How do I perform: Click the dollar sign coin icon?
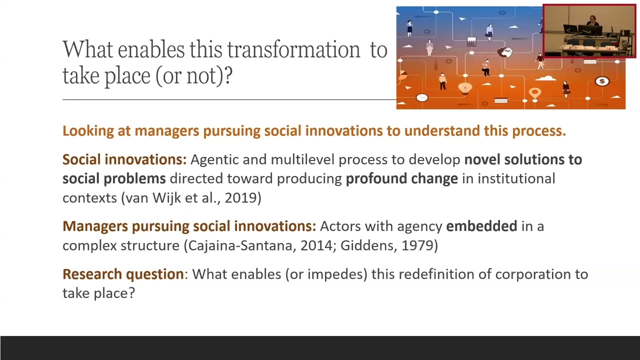(x=602, y=81)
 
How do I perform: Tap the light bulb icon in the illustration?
(x=465, y=88)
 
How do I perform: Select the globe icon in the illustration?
(x=505, y=52)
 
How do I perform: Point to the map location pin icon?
(x=535, y=93)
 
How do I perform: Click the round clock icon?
(x=422, y=97)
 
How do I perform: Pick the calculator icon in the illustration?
(x=471, y=41)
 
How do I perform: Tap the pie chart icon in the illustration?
(x=402, y=75)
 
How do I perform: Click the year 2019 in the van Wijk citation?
(x=240, y=197)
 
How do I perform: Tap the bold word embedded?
(x=481, y=226)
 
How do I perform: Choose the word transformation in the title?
(x=293, y=49)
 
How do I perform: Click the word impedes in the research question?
(x=337, y=274)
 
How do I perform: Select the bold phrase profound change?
(x=402, y=179)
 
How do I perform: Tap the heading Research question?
(x=123, y=274)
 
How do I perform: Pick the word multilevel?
(x=302, y=159)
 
